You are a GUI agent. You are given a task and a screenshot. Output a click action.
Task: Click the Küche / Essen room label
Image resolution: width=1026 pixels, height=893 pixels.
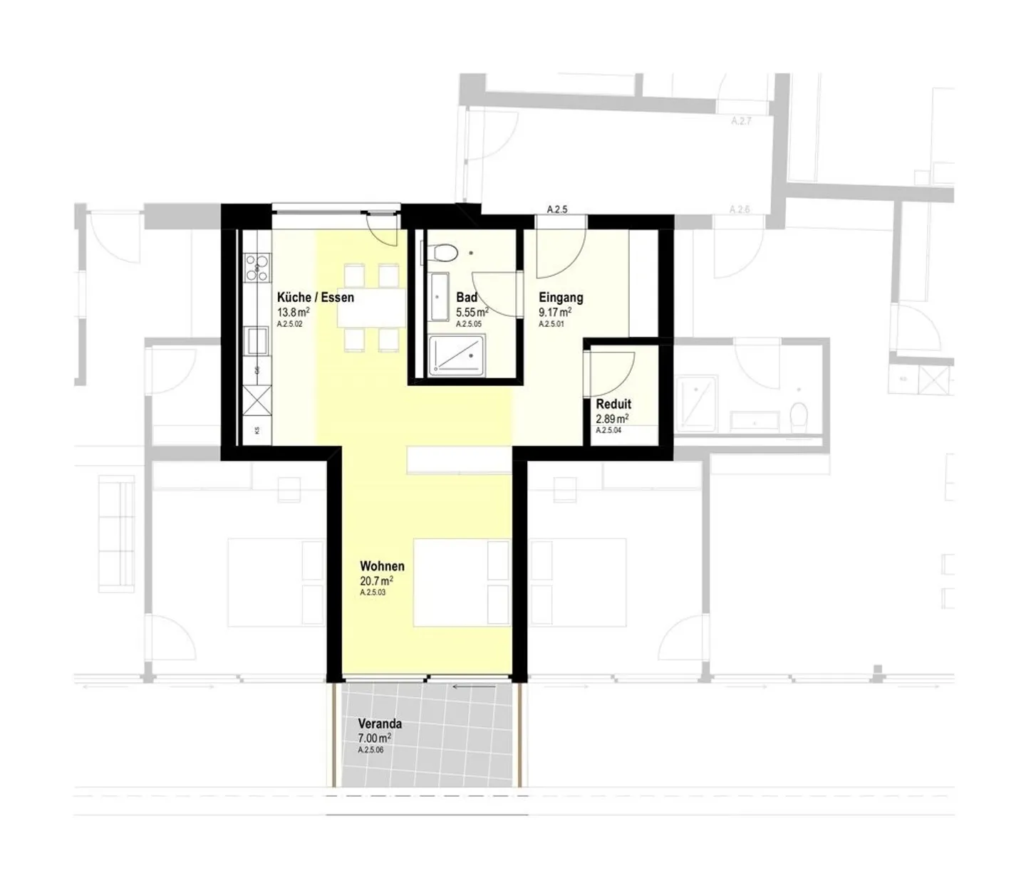(315, 298)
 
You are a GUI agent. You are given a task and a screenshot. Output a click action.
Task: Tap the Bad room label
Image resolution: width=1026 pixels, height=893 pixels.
(467, 298)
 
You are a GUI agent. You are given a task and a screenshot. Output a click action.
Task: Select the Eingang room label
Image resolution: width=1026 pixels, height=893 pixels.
(561, 298)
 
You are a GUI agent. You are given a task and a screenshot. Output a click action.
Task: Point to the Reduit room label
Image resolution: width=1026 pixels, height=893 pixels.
(613, 404)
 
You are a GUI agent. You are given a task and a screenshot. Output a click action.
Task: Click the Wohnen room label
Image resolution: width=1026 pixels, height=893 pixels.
(382, 566)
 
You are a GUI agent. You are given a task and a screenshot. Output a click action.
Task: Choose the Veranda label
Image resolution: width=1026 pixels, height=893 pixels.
(380, 724)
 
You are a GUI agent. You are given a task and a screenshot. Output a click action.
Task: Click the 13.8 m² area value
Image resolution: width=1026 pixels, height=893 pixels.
(293, 313)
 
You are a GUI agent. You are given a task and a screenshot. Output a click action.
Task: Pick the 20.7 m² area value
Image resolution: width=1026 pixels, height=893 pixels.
(376, 581)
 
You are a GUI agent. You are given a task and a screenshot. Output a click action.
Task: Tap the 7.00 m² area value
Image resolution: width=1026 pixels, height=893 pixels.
(375, 738)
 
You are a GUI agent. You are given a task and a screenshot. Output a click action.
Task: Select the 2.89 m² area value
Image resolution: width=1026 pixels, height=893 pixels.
(612, 419)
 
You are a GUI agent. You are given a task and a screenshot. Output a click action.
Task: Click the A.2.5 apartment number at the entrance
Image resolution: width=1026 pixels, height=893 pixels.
(556, 209)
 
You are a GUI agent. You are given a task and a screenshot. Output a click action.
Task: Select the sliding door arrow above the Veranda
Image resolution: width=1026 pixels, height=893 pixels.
(474, 687)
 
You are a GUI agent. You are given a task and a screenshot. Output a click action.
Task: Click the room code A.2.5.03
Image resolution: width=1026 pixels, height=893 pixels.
(373, 592)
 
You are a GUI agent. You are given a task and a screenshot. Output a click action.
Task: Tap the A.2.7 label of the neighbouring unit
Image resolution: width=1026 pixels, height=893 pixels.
(741, 122)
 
